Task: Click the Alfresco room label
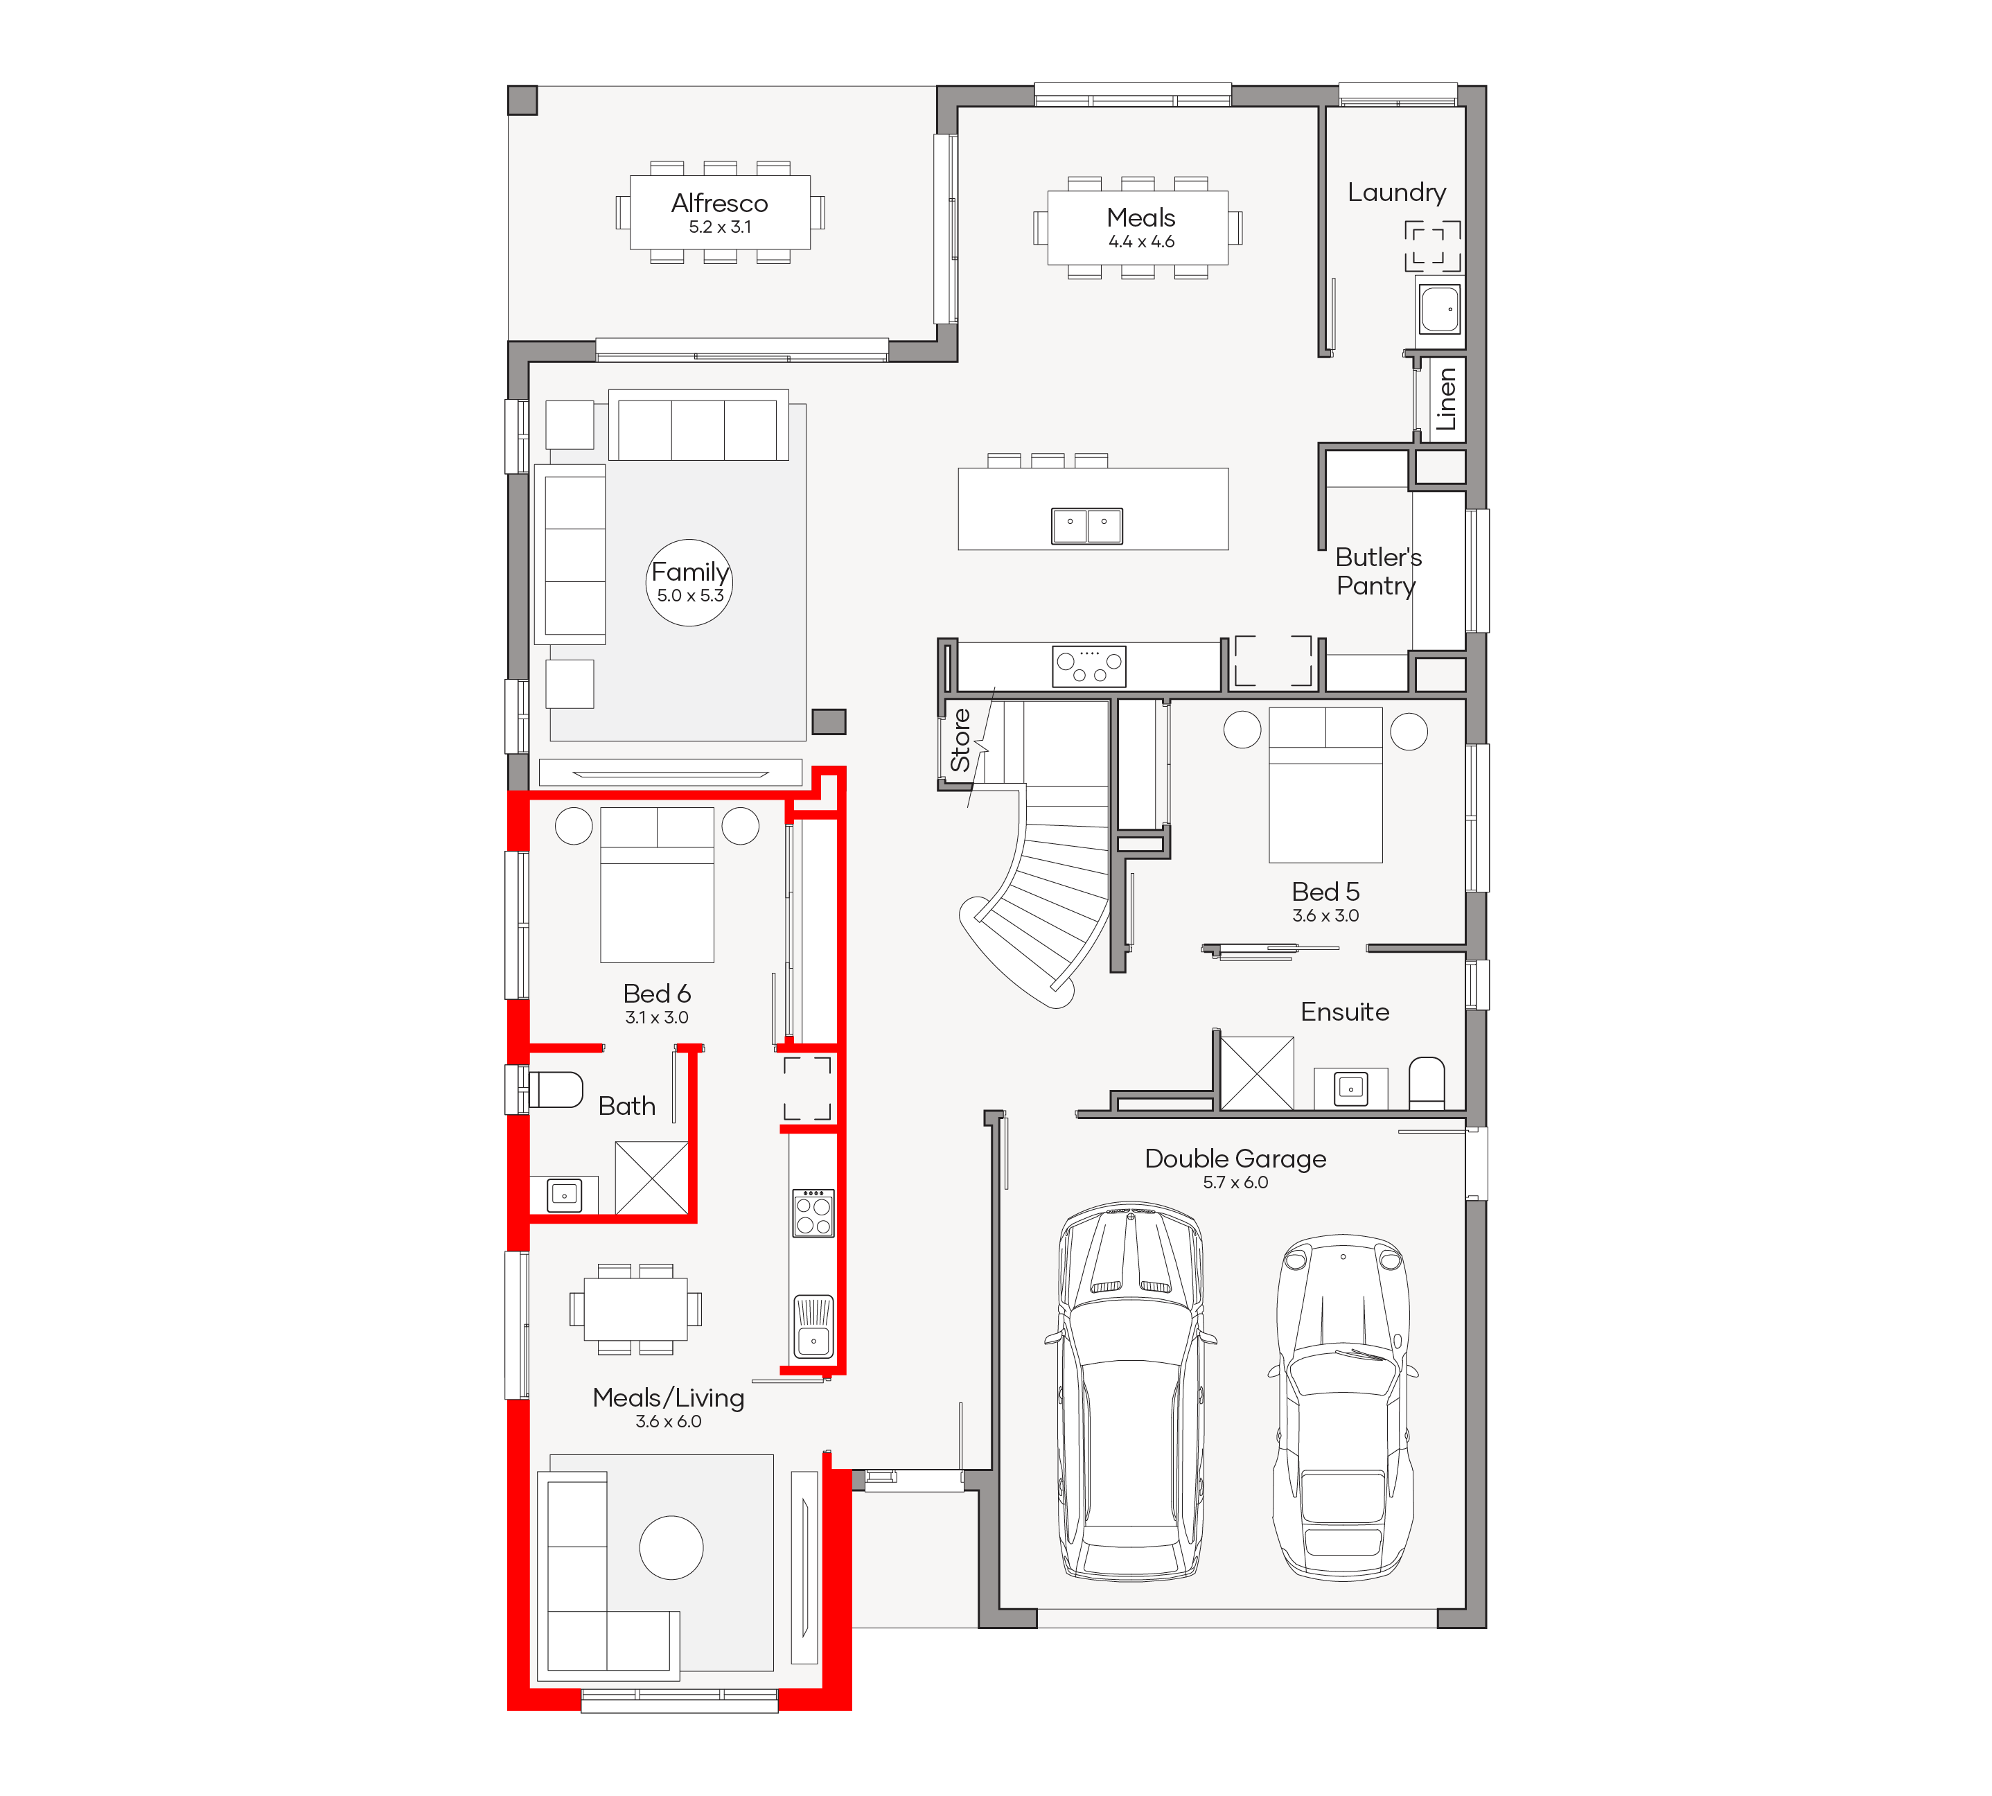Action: point(719,203)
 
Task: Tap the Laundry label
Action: point(1396,193)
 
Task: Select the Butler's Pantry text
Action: point(1378,572)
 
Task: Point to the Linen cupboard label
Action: point(1445,398)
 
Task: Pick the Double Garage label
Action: point(1235,1159)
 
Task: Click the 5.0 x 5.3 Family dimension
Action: point(691,596)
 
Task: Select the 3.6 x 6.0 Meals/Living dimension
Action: point(668,1421)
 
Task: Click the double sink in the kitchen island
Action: point(1086,526)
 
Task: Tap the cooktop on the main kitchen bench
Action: point(1089,665)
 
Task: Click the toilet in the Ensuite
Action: point(1427,1084)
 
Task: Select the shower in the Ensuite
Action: point(1257,1073)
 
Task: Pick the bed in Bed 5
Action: point(1325,784)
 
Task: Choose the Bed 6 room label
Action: point(656,994)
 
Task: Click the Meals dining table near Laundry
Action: point(1138,228)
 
